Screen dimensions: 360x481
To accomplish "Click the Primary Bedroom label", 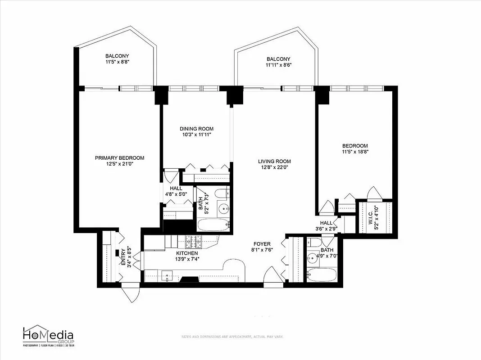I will coord(119,158).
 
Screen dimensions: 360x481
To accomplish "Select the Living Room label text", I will coord(274,161).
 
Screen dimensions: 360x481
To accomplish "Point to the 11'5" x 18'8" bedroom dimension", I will coord(355,152).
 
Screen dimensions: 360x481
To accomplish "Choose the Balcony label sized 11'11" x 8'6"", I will coord(278,59).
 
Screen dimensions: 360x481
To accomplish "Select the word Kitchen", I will coord(187,253).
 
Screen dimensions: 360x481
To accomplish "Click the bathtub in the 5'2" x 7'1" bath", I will coord(213,225).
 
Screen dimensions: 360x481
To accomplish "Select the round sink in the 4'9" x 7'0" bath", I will coord(311,258).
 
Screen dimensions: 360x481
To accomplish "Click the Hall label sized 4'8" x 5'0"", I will coord(176,188).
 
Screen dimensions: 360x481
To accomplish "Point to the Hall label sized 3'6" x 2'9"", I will coord(326,223).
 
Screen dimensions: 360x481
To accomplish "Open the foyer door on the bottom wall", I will coord(273,276).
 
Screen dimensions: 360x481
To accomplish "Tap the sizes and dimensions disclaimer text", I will coord(232,336).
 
